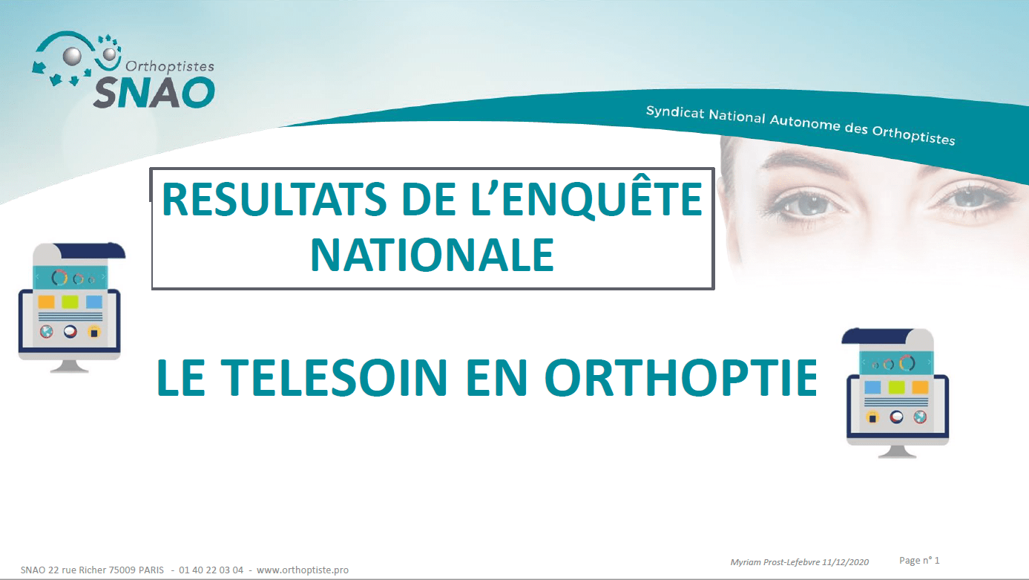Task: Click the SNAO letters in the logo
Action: [x=154, y=92]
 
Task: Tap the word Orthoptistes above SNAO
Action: [x=170, y=67]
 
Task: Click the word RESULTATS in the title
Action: [x=274, y=199]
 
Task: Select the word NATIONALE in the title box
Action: [x=433, y=255]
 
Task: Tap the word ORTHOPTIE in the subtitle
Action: [x=681, y=377]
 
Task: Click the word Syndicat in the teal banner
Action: [x=675, y=112]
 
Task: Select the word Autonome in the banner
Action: [x=805, y=123]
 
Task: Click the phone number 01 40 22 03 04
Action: [x=211, y=570]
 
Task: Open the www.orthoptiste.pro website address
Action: [x=302, y=570]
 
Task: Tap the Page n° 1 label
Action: [x=919, y=560]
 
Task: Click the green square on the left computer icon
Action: [x=70, y=302]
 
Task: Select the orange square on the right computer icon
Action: [x=920, y=387]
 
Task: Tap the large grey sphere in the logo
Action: [x=72, y=56]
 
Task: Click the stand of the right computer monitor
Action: [x=897, y=452]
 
